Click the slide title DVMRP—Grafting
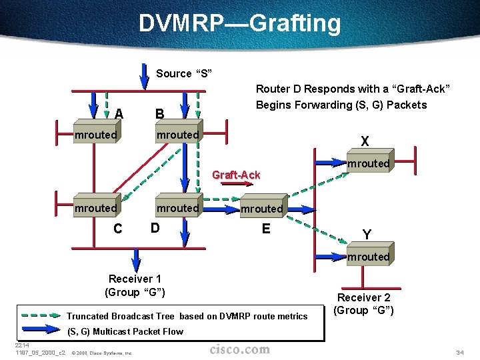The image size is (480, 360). [239, 23]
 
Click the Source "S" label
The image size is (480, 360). [183, 73]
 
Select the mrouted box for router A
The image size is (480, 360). [96, 135]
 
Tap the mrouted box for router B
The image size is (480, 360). [178, 135]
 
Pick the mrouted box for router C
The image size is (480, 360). [96, 208]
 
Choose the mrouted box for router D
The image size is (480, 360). [178, 208]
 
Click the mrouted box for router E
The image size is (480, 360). [262, 209]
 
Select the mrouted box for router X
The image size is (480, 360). [368, 163]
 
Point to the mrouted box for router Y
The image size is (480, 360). [368, 257]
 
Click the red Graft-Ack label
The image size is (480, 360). [235, 175]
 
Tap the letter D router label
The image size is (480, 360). [155, 228]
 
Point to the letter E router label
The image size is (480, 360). [266, 229]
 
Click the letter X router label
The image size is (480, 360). [365, 141]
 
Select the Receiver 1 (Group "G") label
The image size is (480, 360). [135, 285]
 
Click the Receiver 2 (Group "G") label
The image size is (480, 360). [364, 304]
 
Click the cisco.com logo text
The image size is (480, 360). [240, 349]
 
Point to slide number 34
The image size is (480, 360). [459, 351]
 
